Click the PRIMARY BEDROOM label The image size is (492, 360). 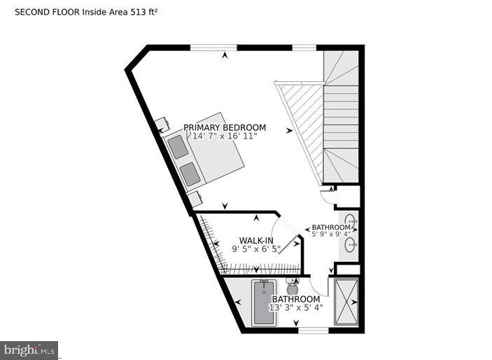point(225,127)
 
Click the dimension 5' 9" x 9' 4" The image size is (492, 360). point(331,235)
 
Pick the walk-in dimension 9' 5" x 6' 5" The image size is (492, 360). point(256,248)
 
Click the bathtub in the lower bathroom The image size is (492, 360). point(264,303)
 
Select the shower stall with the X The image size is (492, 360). point(346,301)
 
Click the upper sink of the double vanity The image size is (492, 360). point(351,223)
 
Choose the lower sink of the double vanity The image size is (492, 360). point(351,245)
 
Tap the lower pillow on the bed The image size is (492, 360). point(190,173)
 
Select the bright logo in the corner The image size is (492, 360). point(29,349)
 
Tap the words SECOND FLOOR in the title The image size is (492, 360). point(47,12)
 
